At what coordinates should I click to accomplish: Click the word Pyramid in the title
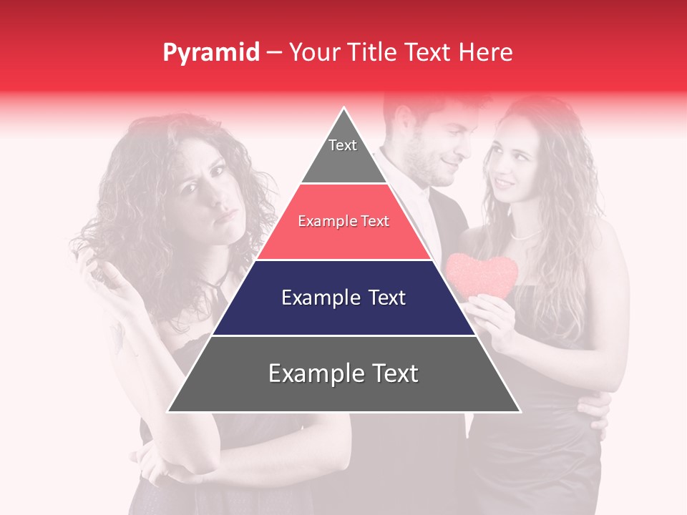pyautogui.click(x=211, y=53)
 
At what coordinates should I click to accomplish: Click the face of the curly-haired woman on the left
pyautogui.click(x=208, y=193)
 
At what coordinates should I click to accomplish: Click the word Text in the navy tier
pyautogui.click(x=379, y=298)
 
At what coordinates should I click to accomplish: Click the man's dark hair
pyautogui.click(x=422, y=107)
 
